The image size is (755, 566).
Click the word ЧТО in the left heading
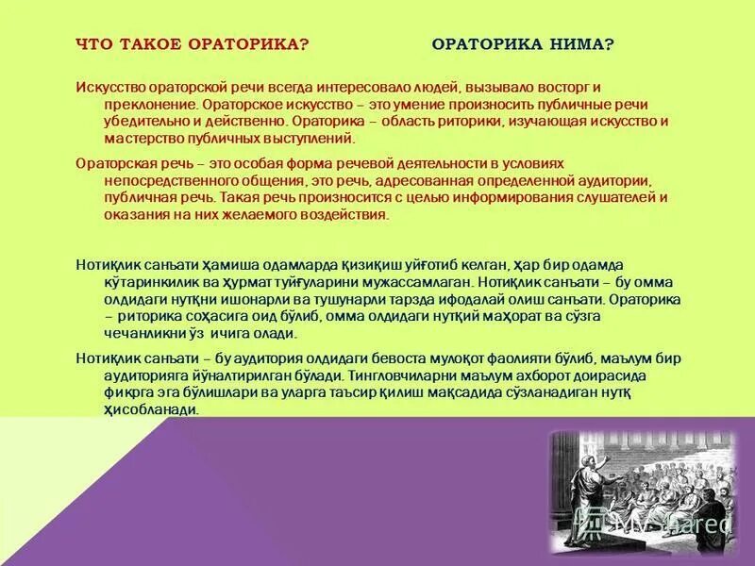tap(92, 45)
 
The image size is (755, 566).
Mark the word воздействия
tap(344, 215)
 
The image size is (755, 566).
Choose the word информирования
tap(507, 197)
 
